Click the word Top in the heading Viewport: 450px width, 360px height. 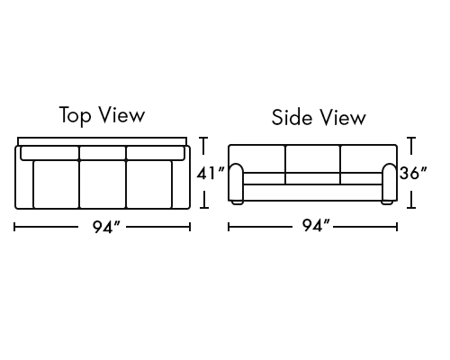[x=75, y=115]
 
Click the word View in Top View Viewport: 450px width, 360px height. [x=122, y=114]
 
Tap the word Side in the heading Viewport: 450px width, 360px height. [x=292, y=117]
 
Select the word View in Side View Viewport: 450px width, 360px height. [x=342, y=117]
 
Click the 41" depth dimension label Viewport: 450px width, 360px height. [x=211, y=174]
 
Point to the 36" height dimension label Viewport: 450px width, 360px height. [x=413, y=173]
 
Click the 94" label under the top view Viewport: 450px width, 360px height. [x=106, y=227]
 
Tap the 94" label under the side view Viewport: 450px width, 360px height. [x=316, y=226]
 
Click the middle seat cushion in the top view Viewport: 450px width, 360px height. [x=103, y=184]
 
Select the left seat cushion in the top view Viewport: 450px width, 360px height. [x=56, y=184]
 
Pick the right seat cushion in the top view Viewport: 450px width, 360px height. [x=149, y=184]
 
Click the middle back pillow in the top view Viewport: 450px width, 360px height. [x=103, y=153]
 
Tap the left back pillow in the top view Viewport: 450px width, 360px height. [x=49, y=153]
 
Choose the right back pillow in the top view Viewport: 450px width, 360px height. [x=156, y=153]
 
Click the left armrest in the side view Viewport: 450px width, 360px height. [x=236, y=183]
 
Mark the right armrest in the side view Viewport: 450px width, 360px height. [x=390, y=183]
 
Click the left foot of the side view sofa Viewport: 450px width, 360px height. [x=238, y=202]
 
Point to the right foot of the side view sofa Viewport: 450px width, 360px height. [x=387, y=202]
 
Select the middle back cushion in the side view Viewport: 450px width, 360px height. [x=313, y=159]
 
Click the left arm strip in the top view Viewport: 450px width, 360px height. [x=24, y=184]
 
